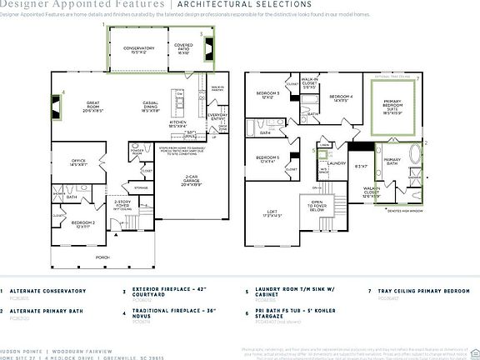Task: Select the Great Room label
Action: point(93,106)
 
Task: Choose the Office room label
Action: point(78,163)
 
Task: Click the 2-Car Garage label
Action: point(191,179)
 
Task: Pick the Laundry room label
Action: point(336,163)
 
